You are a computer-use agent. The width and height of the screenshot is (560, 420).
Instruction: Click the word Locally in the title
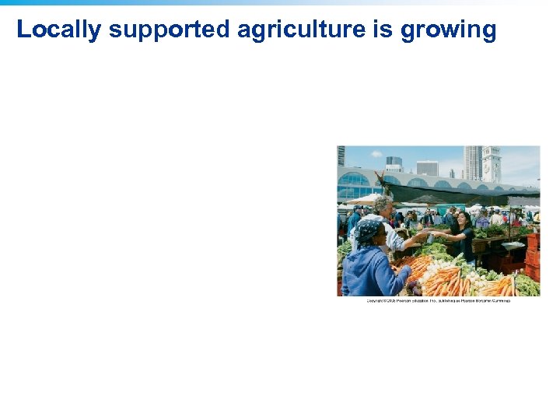[x=58, y=30]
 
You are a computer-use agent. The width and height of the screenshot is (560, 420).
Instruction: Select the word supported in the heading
[x=169, y=30]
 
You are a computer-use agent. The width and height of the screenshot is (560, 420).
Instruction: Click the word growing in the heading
[x=448, y=30]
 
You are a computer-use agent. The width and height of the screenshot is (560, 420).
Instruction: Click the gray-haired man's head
[x=383, y=206]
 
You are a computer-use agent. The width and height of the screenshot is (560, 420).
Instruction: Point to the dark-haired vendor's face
[x=462, y=219]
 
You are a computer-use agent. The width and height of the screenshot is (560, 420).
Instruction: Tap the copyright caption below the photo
[x=438, y=301]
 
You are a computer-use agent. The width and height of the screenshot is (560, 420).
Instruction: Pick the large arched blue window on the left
[x=354, y=187]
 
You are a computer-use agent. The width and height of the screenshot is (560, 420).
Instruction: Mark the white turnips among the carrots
[x=475, y=275]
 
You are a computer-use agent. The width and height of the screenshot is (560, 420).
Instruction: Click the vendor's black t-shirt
[x=466, y=243]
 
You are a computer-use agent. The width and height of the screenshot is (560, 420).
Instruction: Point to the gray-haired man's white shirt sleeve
[x=395, y=237]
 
